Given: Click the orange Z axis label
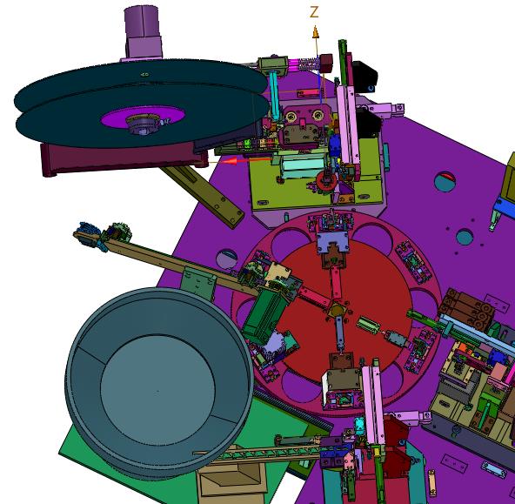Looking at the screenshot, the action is coord(314,12).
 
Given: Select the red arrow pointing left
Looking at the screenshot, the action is coord(245,161).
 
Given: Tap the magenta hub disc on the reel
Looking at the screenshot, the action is coord(143,118).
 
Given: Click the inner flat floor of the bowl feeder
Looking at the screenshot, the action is coord(157,390).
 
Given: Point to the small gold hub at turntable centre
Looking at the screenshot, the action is coord(337,310).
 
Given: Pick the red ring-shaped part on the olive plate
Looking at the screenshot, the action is coord(326,181).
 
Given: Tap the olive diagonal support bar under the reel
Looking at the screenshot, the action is coord(203,196).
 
